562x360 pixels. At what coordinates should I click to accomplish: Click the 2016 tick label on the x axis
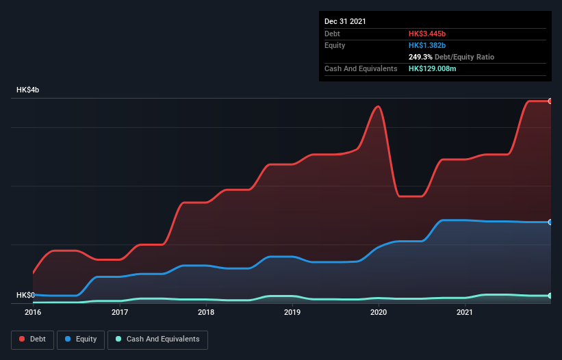click(x=33, y=313)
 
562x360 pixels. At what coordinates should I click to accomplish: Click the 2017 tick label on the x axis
click(x=120, y=313)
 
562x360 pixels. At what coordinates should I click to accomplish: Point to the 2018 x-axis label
click(x=206, y=313)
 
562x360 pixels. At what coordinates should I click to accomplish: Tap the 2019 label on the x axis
click(x=292, y=313)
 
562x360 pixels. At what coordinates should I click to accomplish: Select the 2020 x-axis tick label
click(x=379, y=313)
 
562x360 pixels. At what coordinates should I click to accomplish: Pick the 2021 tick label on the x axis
click(x=465, y=313)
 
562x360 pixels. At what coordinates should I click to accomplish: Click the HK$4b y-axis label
click(x=28, y=90)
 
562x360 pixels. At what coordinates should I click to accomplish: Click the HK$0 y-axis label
click(x=26, y=295)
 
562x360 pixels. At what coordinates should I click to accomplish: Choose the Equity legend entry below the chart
click(x=81, y=339)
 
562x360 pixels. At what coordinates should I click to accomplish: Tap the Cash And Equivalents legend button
click(x=157, y=339)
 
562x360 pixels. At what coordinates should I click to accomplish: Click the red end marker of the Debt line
click(x=550, y=101)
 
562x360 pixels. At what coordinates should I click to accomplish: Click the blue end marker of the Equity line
click(x=550, y=222)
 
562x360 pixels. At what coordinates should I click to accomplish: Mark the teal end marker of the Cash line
click(x=550, y=296)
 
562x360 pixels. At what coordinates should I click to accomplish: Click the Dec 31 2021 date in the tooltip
click(x=345, y=21)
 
